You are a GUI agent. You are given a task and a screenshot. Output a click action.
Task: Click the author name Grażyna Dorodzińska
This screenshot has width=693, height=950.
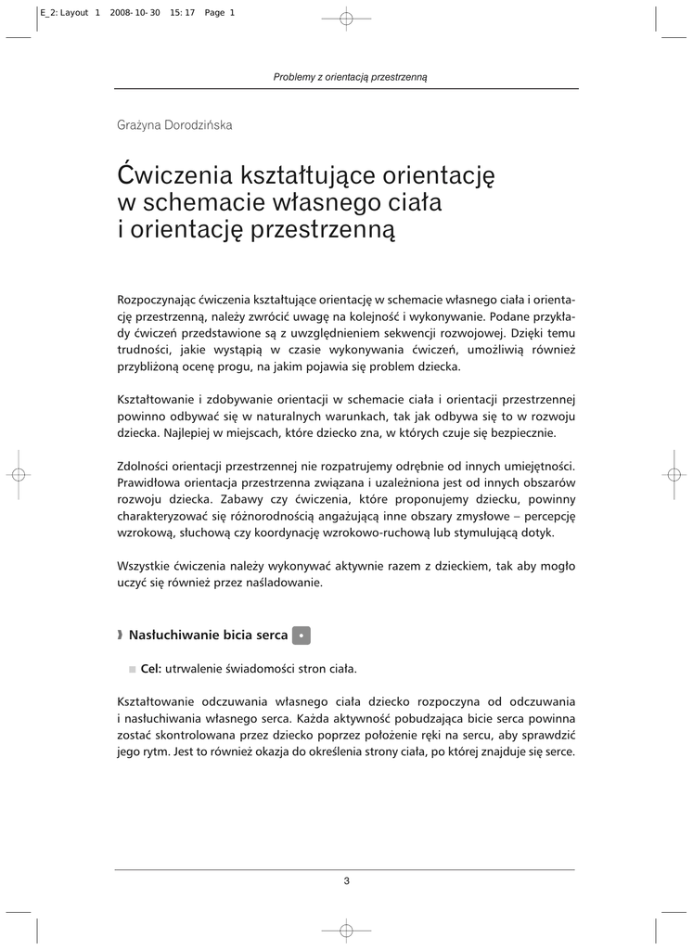click(x=174, y=125)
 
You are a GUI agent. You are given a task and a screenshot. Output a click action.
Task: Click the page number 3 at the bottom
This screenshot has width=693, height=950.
click(x=346, y=881)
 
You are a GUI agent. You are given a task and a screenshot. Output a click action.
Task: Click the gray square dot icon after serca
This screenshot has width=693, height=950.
click(x=301, y=635)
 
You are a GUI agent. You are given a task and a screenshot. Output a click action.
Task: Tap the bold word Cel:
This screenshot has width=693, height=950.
click(x=151, y=668)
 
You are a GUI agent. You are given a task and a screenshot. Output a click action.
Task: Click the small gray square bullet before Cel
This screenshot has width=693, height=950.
click(x=133, y=669)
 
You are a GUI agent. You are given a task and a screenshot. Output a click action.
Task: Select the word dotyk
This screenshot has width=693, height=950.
click(x=536, y=533)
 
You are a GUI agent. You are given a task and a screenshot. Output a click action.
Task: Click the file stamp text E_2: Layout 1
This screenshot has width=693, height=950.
click(x=68, y=13)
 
